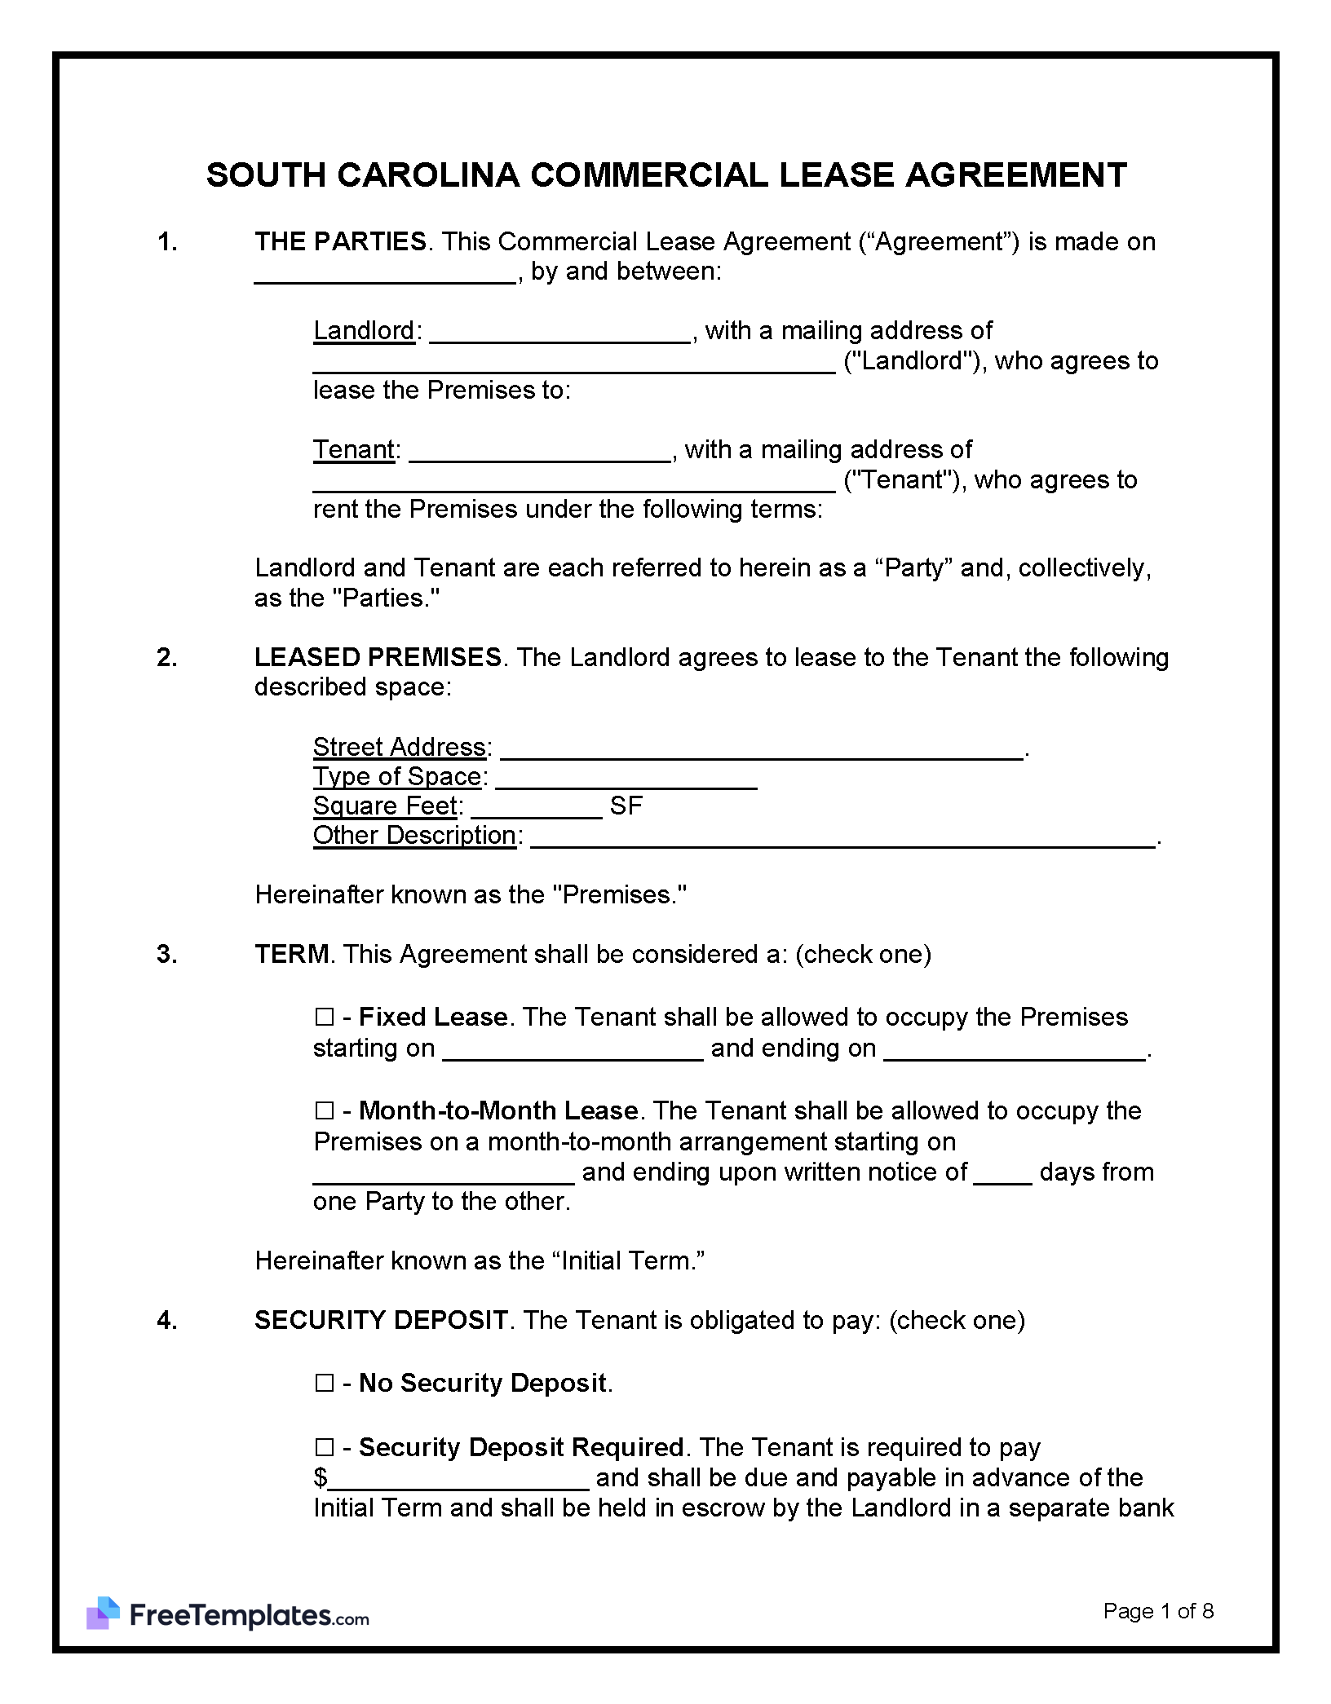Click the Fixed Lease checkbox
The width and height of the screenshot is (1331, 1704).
pos(324,1018)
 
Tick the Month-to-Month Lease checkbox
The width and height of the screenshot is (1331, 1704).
pos(324,1111)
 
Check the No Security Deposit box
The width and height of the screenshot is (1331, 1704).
pos(324,1384)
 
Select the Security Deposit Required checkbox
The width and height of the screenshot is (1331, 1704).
pos(324,1448)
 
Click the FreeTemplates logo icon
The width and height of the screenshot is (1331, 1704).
pos(103,1614)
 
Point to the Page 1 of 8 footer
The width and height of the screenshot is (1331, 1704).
pos(1158,1611)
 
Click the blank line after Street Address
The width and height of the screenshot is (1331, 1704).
pos(762,749)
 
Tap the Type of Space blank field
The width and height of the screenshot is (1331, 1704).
pos(626,779)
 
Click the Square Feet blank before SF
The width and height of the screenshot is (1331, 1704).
pos(536,808)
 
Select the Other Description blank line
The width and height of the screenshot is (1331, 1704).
pos(842,838)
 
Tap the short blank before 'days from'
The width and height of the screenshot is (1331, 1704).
pos(1002,1174)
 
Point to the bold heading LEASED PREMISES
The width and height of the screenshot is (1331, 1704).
pos(378,657)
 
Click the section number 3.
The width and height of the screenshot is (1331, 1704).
pos(166,954)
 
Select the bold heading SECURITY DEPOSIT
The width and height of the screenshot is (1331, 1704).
pos(381,1320)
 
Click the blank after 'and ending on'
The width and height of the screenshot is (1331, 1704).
pos(1015,1050)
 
